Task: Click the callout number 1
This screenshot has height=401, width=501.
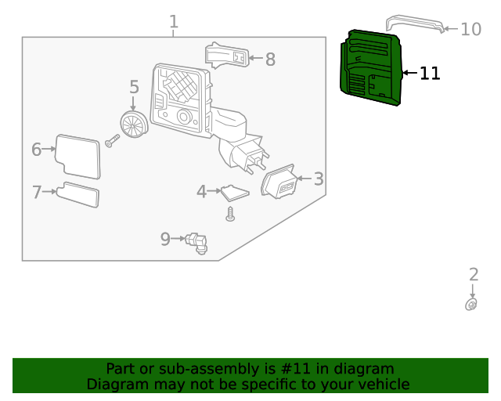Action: [174, 22]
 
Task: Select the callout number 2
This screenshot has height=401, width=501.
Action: [473, 274]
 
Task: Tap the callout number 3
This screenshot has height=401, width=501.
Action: [319, 179]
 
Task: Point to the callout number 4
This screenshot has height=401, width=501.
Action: [201, 191]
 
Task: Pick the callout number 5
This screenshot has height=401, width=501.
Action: [134, 87]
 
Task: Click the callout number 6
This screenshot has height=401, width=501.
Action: [36, 150]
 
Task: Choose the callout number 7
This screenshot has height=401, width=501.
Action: [36, 192]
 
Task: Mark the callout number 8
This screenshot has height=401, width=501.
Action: [270, 60]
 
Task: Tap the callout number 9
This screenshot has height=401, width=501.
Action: [165, 239]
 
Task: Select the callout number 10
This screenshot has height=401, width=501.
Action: [470, 30]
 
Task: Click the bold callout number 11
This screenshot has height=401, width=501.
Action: [430, 74]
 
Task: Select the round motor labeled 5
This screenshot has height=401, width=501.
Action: [134, 124]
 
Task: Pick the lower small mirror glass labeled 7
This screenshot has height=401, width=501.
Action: [77, 194]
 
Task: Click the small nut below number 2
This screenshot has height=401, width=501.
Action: [471, 304]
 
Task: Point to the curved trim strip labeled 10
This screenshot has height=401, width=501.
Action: [415, 22]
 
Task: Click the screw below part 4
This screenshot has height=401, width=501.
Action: [230, 214]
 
